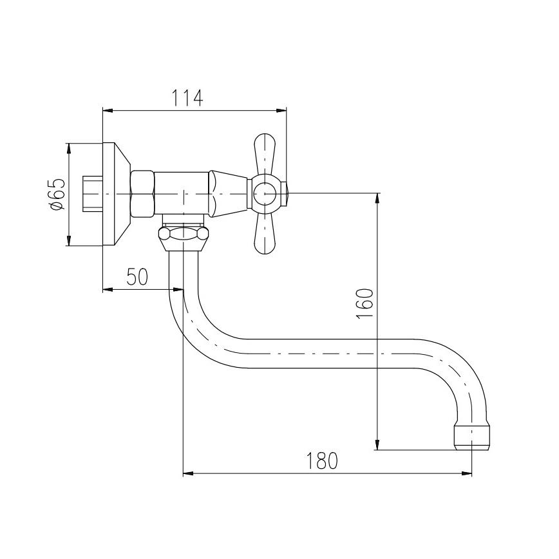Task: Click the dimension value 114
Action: click(187, 98)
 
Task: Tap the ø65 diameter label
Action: click(57, 194)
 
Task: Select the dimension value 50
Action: click(136, 277)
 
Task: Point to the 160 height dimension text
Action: click(365, 304)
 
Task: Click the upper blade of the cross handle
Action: click(265, 155)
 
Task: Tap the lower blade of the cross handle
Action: click(265, 233)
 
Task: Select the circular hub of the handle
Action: click(264, 193)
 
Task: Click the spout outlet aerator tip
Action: click(471, 436)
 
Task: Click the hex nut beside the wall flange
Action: click(142, 193)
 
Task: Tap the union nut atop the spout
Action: click(184, 237)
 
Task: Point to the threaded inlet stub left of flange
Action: click(94, 193)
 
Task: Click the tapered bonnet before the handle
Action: click(229, 193)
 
